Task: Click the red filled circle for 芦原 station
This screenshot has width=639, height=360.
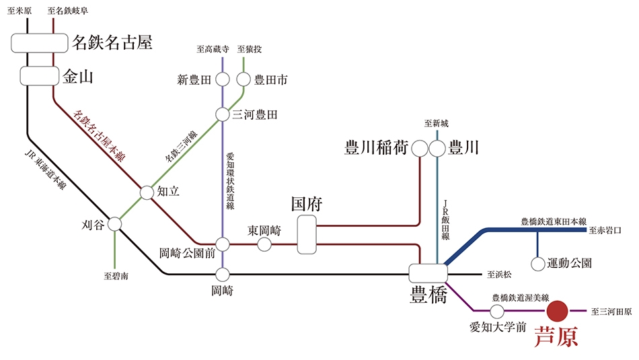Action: click(557, 311)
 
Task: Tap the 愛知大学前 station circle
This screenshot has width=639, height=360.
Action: click(497, 312)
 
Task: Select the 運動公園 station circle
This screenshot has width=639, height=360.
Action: click(538, 264)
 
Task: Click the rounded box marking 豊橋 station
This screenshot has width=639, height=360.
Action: click(428, 273)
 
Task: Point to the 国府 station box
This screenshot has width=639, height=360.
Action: click(307, 235)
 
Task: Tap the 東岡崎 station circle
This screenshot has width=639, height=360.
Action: click(264, 244)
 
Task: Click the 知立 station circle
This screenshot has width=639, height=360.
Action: click(147, 192)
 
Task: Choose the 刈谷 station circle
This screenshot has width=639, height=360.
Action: click(114, 224)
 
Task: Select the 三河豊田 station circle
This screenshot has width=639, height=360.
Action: click(222, 114)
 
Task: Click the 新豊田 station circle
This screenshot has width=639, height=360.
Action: click(223, 79)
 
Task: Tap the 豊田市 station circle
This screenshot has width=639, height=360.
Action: click(243, 79)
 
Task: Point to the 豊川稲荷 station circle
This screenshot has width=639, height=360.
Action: click(419, 149)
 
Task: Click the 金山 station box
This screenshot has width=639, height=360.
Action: click(40, 76)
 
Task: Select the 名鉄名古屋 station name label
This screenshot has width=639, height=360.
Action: click(112, 42)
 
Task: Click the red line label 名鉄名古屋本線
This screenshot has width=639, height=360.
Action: click(99, 136)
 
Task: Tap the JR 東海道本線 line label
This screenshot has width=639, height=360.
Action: click(45, 169)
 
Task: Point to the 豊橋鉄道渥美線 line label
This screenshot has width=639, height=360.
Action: click(521, 298)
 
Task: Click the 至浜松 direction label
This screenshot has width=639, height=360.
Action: click(499, 275)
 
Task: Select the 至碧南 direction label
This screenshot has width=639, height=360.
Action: click(116, 276)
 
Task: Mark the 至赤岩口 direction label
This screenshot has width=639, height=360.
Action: click(605, 230)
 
